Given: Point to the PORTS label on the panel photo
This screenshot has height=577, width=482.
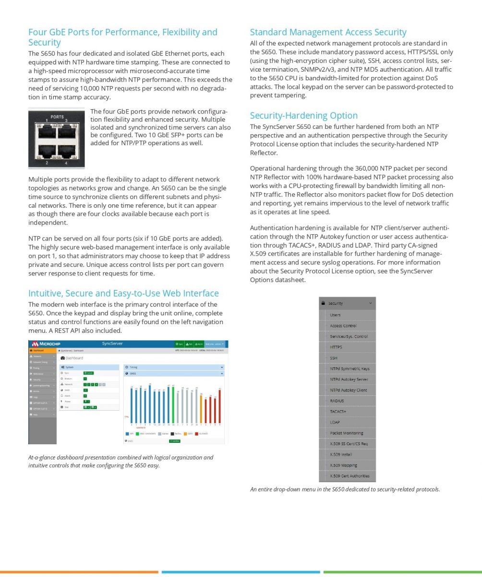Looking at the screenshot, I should click(57, 117).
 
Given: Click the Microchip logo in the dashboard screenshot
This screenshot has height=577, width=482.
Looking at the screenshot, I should click(46, 344).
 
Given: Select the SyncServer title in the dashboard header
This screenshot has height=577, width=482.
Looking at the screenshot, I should click(112, 343).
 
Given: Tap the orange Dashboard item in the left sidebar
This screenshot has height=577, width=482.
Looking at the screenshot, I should click(42, 351).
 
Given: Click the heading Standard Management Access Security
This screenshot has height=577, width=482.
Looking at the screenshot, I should click(328, 32).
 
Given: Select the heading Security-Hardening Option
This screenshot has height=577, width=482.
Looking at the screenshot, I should click(303, 115).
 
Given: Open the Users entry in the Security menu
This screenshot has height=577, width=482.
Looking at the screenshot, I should click(335, 315).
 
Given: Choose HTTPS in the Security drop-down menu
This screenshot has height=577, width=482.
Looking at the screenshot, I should click(336, 347).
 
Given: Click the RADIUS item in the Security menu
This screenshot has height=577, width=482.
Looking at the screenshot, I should click(337, 401).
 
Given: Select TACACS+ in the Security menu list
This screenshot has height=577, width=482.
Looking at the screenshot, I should click(338, 412).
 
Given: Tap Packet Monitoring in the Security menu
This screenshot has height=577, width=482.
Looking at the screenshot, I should click(346, 433).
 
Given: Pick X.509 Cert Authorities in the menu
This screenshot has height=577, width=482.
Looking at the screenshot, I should click(349, 476).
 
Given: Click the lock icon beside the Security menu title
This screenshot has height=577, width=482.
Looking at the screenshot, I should click(324, 303).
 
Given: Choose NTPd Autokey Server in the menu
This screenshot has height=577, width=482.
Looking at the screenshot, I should click(349, 379).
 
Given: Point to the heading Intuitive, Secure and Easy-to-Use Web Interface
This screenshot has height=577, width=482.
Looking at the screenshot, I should click(123, 293).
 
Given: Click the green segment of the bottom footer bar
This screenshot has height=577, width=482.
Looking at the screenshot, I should click(402, 572).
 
